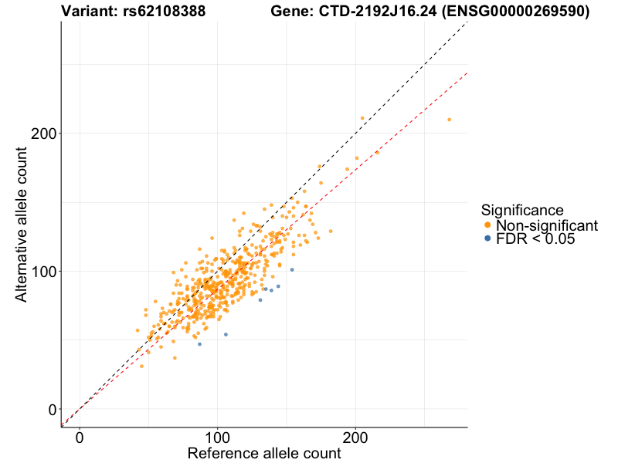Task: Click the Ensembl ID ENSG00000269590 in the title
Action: click(516, 12)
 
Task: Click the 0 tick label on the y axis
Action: click(50, 409)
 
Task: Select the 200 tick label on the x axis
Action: click(355, 437)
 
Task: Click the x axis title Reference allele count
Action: click(264, 453)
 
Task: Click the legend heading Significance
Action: click(522, 210)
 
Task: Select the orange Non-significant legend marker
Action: click(487, 225)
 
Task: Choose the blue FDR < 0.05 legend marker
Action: click(487, 239)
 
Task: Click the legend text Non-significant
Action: click(547, 225)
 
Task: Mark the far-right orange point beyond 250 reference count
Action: click(449, 120)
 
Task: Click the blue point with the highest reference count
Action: click(292, 269)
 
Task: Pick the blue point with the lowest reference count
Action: click(199, 343)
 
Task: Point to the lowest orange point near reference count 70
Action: click(175, 358)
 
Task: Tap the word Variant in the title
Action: click(87, 12)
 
